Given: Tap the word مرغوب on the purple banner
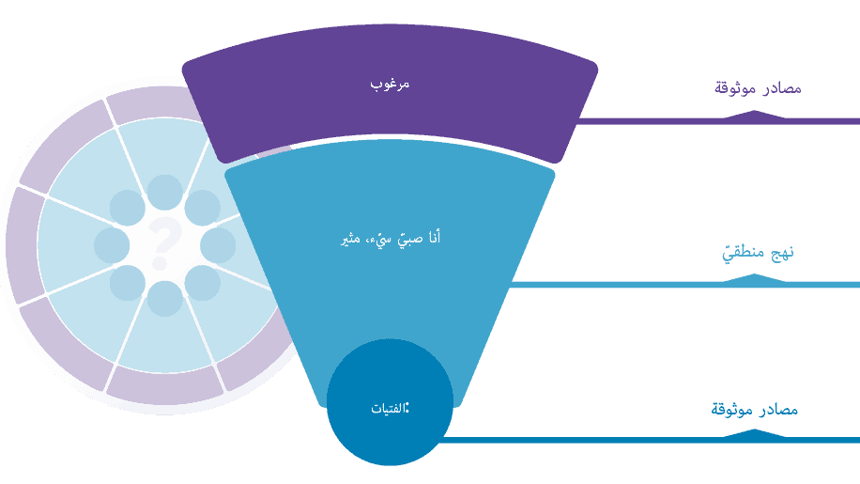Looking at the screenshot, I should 390,85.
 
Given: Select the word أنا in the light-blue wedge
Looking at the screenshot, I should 430,239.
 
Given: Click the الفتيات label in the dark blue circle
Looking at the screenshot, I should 390,408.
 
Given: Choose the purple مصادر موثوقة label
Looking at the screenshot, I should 758,88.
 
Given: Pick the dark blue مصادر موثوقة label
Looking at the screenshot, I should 755,410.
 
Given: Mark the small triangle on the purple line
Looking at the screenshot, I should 753,114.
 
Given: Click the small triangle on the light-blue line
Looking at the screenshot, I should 755,277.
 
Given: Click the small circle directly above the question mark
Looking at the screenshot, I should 165,193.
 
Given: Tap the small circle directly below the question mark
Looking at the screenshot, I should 165,299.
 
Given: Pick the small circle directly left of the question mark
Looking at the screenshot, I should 112,246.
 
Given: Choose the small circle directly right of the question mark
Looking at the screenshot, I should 218,246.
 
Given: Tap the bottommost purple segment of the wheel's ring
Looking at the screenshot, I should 164,386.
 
